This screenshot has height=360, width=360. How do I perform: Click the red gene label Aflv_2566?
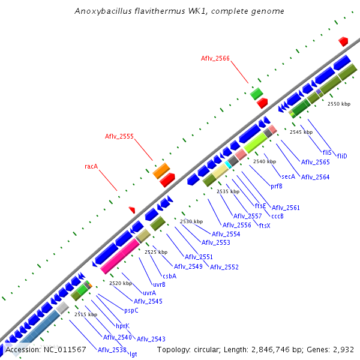pos(215,58)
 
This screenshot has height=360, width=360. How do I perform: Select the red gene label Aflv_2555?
pos(119,136)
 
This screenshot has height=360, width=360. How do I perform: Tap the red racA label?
pos(91,166)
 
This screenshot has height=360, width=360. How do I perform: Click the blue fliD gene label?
pos(342,156)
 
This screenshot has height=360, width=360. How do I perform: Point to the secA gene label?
pos(288,176)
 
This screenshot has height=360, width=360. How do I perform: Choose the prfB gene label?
pos(277,186)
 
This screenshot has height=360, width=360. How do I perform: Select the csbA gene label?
pos(170,276)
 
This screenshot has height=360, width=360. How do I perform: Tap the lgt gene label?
pos(133,354)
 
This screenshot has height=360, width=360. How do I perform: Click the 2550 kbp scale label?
pos(338,104)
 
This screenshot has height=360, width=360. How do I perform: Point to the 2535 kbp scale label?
pos(227,191)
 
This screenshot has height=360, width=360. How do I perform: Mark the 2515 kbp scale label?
pos(85,314)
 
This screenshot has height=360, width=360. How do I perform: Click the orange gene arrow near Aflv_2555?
pos(161,170)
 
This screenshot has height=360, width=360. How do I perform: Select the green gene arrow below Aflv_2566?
pos(257,93)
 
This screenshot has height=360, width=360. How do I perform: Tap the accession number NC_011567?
pos(63,349)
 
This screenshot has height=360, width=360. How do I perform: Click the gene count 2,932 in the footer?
pos(343,349)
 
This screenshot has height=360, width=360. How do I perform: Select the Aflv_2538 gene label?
pos(112,350)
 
